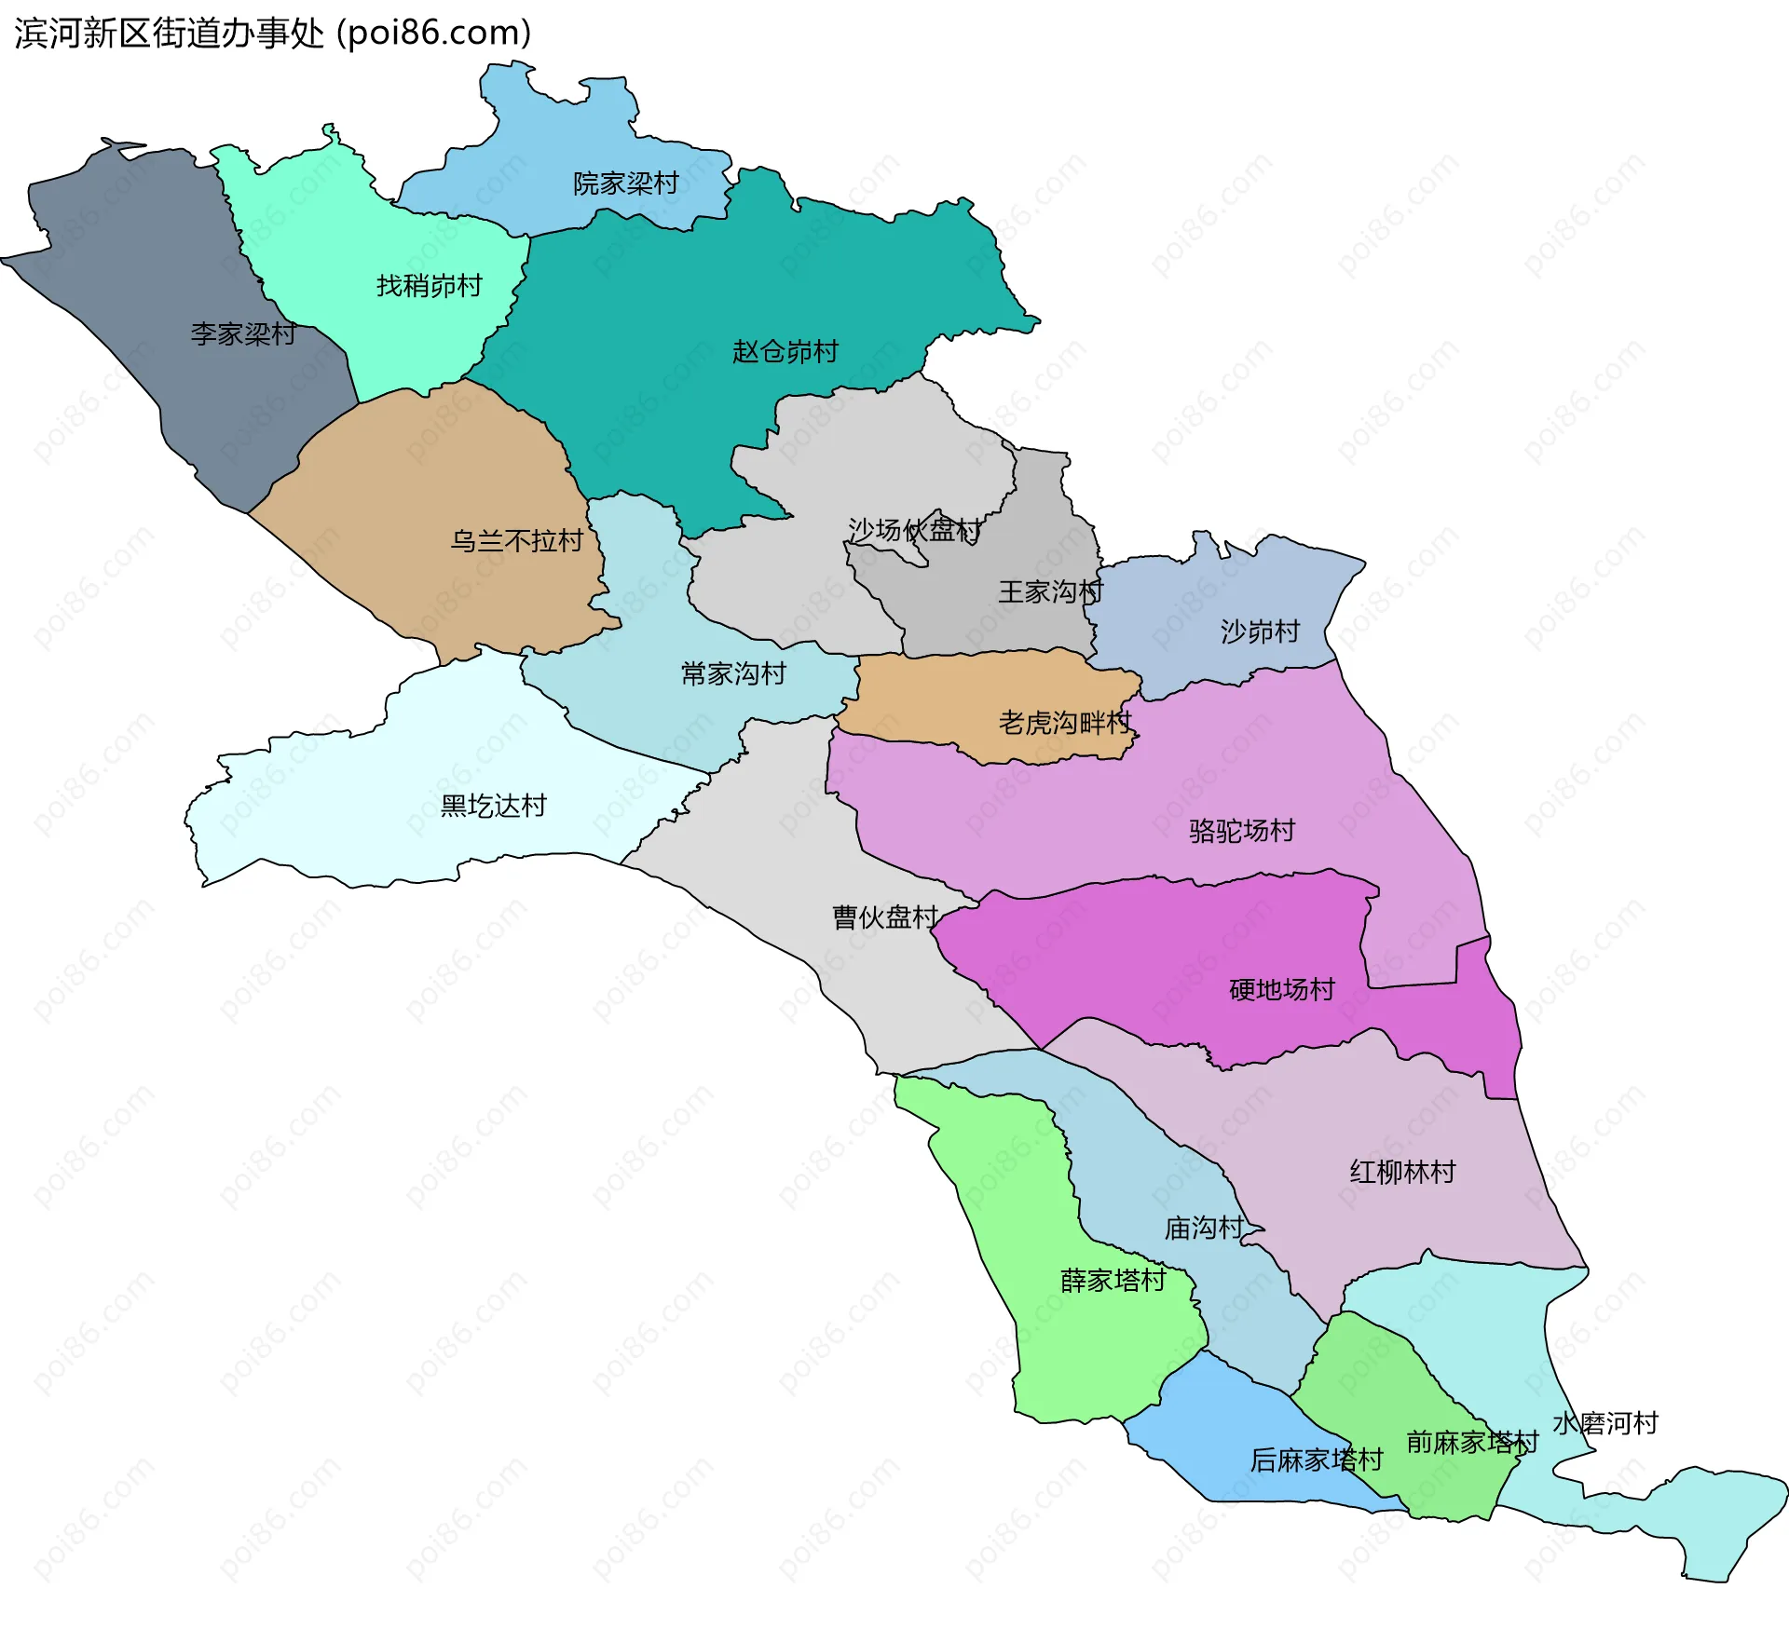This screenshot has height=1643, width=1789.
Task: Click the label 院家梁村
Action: coord(625,183)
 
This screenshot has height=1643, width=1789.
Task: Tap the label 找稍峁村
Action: coord(429,286)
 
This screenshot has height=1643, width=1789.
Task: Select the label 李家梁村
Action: coord(243,333)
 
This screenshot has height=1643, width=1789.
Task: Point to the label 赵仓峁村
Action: coord(785,352)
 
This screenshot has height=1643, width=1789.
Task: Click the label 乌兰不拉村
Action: coord(516,541)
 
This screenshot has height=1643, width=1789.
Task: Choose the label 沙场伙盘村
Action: coord(914,530)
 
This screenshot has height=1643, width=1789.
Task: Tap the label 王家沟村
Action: coord(1050,591)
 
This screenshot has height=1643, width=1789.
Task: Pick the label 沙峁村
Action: coord(1260,631)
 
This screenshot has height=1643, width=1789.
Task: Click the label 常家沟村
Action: coord(733,673)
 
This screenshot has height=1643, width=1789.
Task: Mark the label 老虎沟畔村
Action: coord(1065,722)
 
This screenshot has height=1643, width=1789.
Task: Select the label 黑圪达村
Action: coord(493,806)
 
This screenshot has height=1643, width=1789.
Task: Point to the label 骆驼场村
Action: coord(1242,830)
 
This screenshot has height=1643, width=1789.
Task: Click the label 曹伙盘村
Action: coord(884,917)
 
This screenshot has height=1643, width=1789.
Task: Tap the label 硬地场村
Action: coord(1282,989)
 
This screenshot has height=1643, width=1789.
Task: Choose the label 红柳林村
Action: coord(1402,1172)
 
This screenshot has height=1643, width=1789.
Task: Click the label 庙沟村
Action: coord(1204,1229)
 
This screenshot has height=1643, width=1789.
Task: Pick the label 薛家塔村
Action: coord(1113,1281)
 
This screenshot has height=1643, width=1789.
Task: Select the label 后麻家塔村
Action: coord(1316,1460)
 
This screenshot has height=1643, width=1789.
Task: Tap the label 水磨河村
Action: coord(1605,1423)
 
